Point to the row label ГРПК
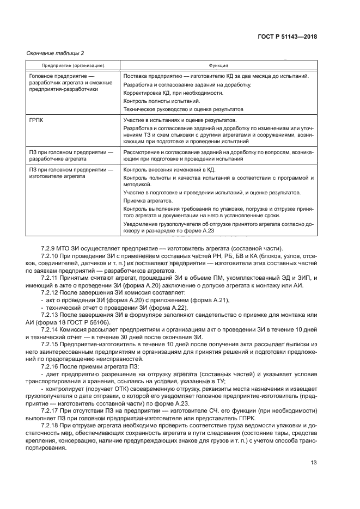coord(36,119)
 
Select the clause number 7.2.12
coord(51,293)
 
